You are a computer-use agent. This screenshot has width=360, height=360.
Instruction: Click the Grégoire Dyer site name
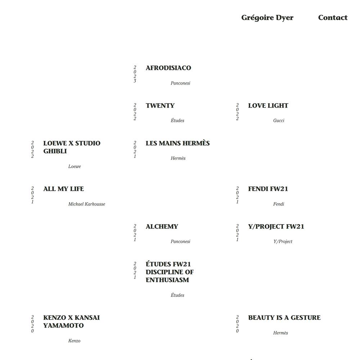pyautogui.click(x=267, y=18)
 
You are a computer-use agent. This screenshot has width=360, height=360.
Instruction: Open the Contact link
pyautogui.click(x=333, y=17)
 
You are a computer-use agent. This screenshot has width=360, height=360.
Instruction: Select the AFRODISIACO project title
pyautogui.click(x=168, y=68)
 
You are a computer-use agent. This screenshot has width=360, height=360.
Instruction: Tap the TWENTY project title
pyautogui.click(x=160, y=105)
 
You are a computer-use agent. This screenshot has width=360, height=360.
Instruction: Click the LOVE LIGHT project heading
pyautogui.click(x=268, y=105)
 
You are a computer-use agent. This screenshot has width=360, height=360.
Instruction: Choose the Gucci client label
pyautogui.click(x=279, y=121)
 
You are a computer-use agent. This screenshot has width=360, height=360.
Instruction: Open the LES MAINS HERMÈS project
pyautogui.click(x=177, y=143)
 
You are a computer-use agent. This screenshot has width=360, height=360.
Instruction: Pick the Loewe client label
pyautogui.click(x=75, y=166)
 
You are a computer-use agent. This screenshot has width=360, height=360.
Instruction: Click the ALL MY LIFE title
pyautogui.click(x=64, y=189)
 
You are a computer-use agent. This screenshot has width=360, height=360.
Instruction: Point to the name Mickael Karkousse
pyautogui.click(x=86, y=204)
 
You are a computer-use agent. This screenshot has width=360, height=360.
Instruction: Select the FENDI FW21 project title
pyautogui.click(x=268, y=189)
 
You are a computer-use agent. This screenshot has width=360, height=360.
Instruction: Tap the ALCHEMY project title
pyautogui.click(x=162, y=226)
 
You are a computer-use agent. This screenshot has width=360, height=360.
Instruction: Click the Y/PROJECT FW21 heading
pyautogui.click(x=276, y=226)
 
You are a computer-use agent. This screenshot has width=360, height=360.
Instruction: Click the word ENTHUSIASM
pyautogui.click(x=167, y=280)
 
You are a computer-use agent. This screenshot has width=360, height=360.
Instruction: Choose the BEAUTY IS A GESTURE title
pyautogui.click(x=284, y=318)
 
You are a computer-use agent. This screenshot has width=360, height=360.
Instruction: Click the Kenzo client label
pyautogui.click(x=74, y=341)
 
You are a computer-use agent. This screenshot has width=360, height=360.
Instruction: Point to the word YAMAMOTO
pyautogui.click(x=63, y=325)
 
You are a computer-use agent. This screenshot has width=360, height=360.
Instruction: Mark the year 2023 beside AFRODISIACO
pyautogui.click(x=135, y=74)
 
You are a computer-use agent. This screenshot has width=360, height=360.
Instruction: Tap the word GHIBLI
pyautogui.click(x=55, y=151)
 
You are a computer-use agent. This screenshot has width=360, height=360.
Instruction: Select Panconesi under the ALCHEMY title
pyautogui.click(x=180, y=242)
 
